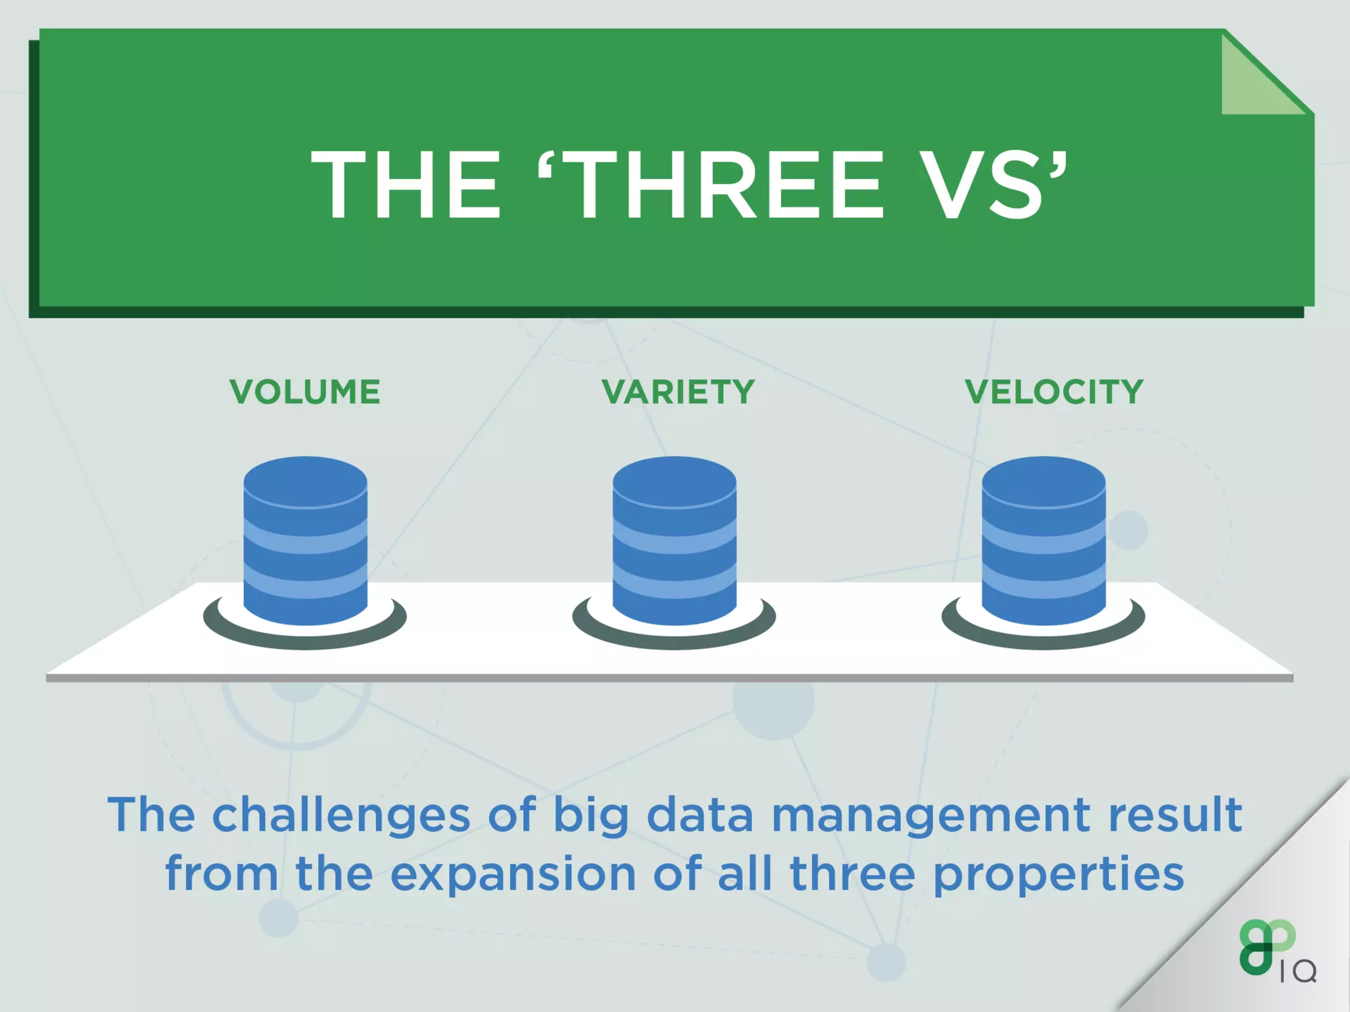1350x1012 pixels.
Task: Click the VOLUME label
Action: (305, 392)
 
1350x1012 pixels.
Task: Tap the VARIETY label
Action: (678, 392)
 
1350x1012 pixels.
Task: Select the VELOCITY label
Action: (1053, 392)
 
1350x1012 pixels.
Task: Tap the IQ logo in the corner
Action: (1276, 952)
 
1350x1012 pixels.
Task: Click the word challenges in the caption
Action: (341, 816)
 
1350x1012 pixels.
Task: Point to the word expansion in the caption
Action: (513, 875)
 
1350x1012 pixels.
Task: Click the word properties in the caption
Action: (1059, 875)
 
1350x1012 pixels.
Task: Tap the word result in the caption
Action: (1175, 816)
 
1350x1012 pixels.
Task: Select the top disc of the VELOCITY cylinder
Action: (1043, 481)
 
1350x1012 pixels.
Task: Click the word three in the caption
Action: (852, 875)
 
